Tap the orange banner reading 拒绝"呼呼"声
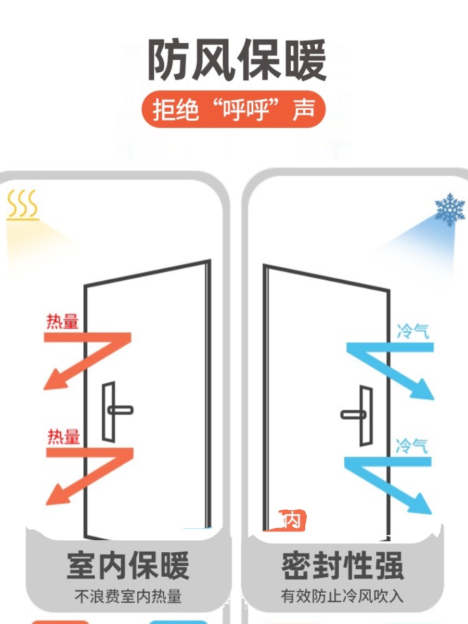(x=233, y=110)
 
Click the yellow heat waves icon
(x=23, y=205)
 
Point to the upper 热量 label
(x=62, y=322)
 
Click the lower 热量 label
(x=63, y=437)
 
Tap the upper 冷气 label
(x=413, y=331)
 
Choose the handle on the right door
(x=356, y=414)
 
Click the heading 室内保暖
(x=128, y=566)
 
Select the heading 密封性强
(x=342, y=566)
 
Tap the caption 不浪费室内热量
(x=128, y=596)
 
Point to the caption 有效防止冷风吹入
(x=342, y=596)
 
